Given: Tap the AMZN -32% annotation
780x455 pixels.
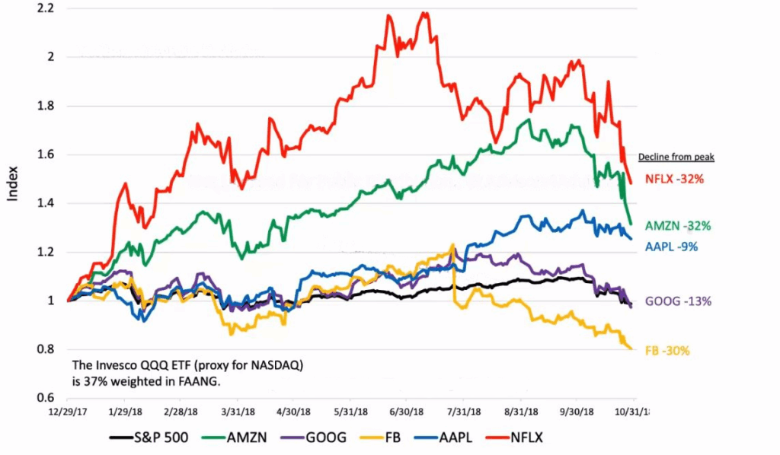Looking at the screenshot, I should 678,226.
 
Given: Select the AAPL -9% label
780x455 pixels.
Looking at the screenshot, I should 672,247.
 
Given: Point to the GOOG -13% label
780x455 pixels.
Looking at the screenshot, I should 678,301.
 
